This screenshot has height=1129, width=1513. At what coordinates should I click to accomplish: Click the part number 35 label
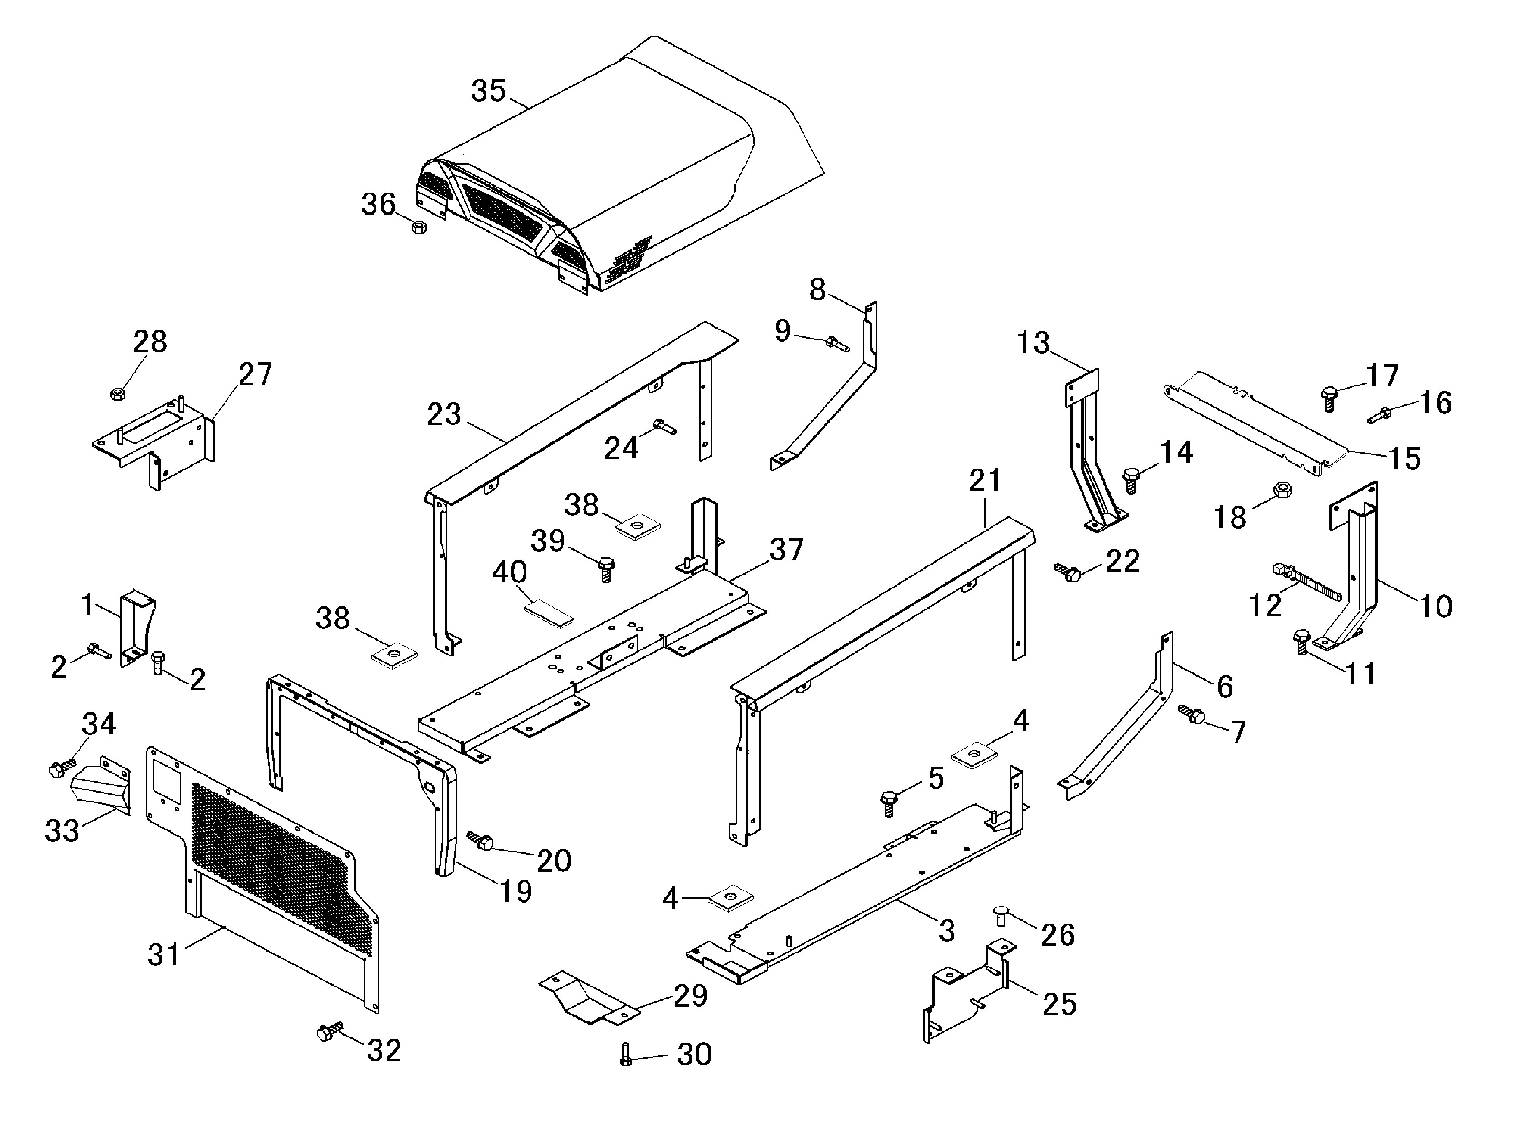(488, 91)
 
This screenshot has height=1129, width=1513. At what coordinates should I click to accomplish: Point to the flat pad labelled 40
(549, 613)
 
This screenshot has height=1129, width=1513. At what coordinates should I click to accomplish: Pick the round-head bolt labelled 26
(998, 915)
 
